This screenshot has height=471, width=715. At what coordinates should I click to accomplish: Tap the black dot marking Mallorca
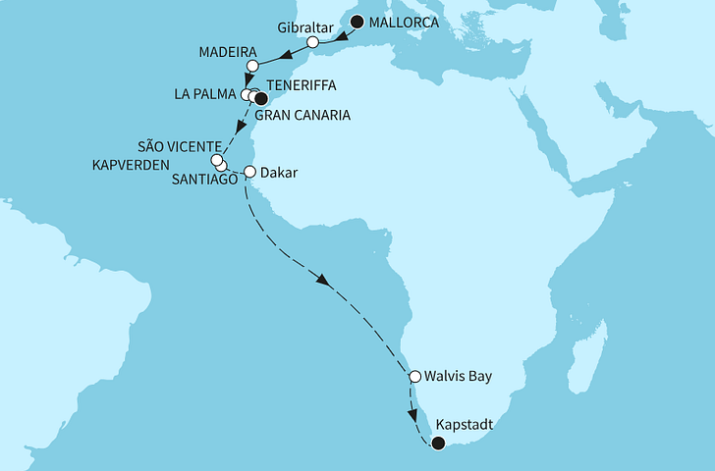click(x=357, y=22)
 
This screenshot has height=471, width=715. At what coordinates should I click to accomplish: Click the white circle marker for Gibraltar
click(x=313, y=42)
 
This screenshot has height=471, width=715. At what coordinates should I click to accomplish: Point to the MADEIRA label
click(x=227, y=50)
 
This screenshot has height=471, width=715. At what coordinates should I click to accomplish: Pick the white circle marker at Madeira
click(x=251, y=66)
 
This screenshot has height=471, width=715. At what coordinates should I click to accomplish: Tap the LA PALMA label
click(x=202, y=95)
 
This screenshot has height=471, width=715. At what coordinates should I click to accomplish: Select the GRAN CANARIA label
click(x=302, y=115)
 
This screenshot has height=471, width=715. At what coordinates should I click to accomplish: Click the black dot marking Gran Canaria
click(x=260, y=98)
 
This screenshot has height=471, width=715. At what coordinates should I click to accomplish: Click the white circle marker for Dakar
click(x=249, y=172)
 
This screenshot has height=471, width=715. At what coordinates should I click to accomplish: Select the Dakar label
click(x=280, y=172)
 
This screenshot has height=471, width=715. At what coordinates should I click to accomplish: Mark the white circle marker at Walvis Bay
click(x=414, y=375)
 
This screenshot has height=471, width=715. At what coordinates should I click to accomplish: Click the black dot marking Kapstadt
click(x=438, y=444)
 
